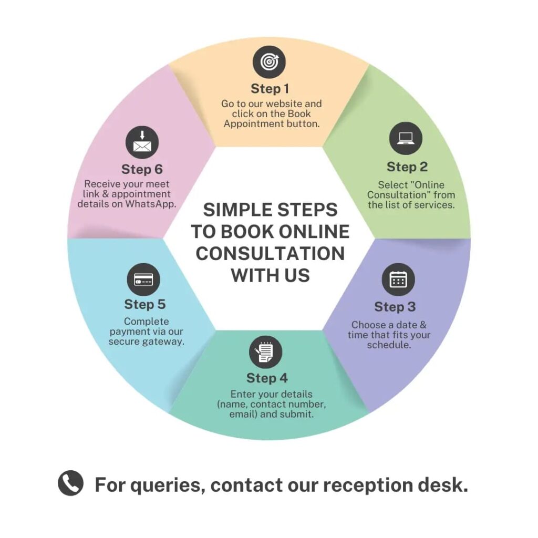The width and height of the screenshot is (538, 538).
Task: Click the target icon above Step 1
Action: pyautogui.click(x=269, y=62)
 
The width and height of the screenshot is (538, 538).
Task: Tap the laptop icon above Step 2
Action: pyautogui.click(x=406, y=138)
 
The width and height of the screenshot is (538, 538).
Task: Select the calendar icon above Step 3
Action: pyautogui.click(x=398, y=279)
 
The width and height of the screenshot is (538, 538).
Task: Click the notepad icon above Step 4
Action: pyautogui.click(x=265, y=351)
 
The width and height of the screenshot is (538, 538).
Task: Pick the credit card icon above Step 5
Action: pyautogui.click(x=143, y=280)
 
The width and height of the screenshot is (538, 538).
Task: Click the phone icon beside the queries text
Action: pyautogui.click(x=70, y=483)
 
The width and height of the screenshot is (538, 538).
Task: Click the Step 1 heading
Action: pyautogui.click(x=270, y=88)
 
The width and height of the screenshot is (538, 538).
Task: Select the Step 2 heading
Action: pyautogui.click(x=407, y=167)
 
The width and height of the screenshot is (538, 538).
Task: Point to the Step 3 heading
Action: pyautogui.click(x=395, y=307)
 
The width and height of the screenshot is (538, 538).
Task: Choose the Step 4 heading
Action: pyautogui.click(x=267, y=378)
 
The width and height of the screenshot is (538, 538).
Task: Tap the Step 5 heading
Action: pyautogui.click(x=144, y=304)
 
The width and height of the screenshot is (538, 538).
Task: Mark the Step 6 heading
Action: pyautogui.click(x=142, y=170)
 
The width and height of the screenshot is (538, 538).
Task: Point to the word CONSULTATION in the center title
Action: pyautogui.click(x=270, y=253)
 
